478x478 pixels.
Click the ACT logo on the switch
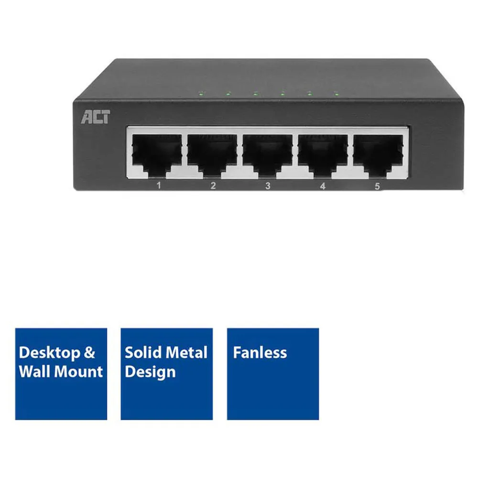tap(96, 117)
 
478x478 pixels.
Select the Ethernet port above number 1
tap(157, 156)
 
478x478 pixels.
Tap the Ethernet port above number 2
tap(212, 156)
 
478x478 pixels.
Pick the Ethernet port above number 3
tap(268, 156)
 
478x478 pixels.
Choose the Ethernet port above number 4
tap(323, 156)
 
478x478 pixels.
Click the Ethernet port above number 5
tap(378, 156)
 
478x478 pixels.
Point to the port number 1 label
tap(159, 185)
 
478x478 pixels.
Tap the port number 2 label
tap(213, 185)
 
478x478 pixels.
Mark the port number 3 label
tap(268, 185)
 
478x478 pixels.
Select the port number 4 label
tap(323, 186)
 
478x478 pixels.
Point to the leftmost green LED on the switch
tap(201, 93)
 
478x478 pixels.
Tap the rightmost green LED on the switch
tap(337, 94)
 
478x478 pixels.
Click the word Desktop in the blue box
tap(50, 353)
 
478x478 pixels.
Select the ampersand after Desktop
tap(89, 353)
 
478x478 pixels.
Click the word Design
tap(150, 372)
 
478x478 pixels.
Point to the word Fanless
tap(260, 353)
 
